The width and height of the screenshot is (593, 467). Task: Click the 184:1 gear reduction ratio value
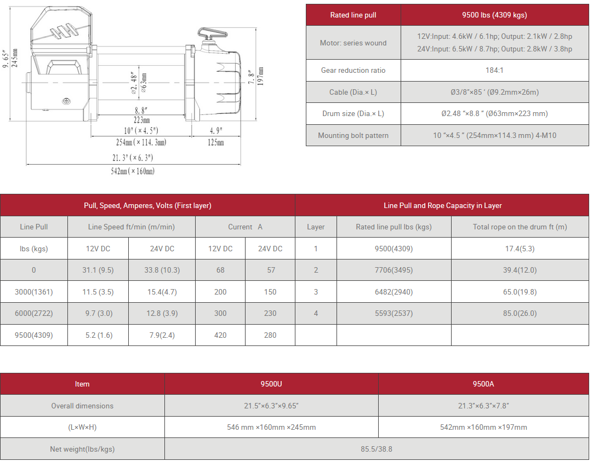tap(494, 70)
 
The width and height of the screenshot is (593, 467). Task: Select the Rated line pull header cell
tap(353, 15)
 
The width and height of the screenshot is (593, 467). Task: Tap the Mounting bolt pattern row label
tap(353, 135)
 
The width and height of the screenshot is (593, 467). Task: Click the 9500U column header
tap(271, 384)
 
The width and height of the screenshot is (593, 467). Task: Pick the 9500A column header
tap(483, 384)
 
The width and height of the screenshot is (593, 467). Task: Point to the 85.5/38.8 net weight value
tap(377, 449)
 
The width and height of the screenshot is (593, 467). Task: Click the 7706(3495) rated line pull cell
tap(394, 270)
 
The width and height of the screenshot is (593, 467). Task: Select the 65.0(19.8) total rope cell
tap(520, 292)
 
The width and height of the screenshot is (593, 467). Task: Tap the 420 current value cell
tap(220, 335)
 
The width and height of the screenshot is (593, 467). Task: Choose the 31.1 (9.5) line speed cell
tap(98, 270)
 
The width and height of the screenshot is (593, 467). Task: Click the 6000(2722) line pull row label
tap(34, 313)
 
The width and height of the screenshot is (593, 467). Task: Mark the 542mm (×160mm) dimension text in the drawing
tap(133, 171)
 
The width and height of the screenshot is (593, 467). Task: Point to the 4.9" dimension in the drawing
tap(216, 131)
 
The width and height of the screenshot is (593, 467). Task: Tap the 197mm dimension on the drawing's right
tap(261, 76)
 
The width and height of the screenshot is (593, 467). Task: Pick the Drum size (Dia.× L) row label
tap(353, 113)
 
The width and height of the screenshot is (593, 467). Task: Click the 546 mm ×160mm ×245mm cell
tap(271, 427)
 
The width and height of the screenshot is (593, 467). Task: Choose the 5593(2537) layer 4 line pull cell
tap(394, 313)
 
